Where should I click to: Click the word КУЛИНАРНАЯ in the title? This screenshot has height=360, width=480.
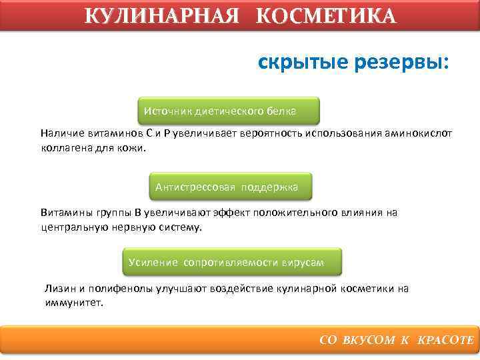coord(162,15)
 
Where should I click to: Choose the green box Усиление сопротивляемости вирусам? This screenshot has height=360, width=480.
coord(232,262)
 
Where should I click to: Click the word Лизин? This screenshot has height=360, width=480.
coord(61,289)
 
